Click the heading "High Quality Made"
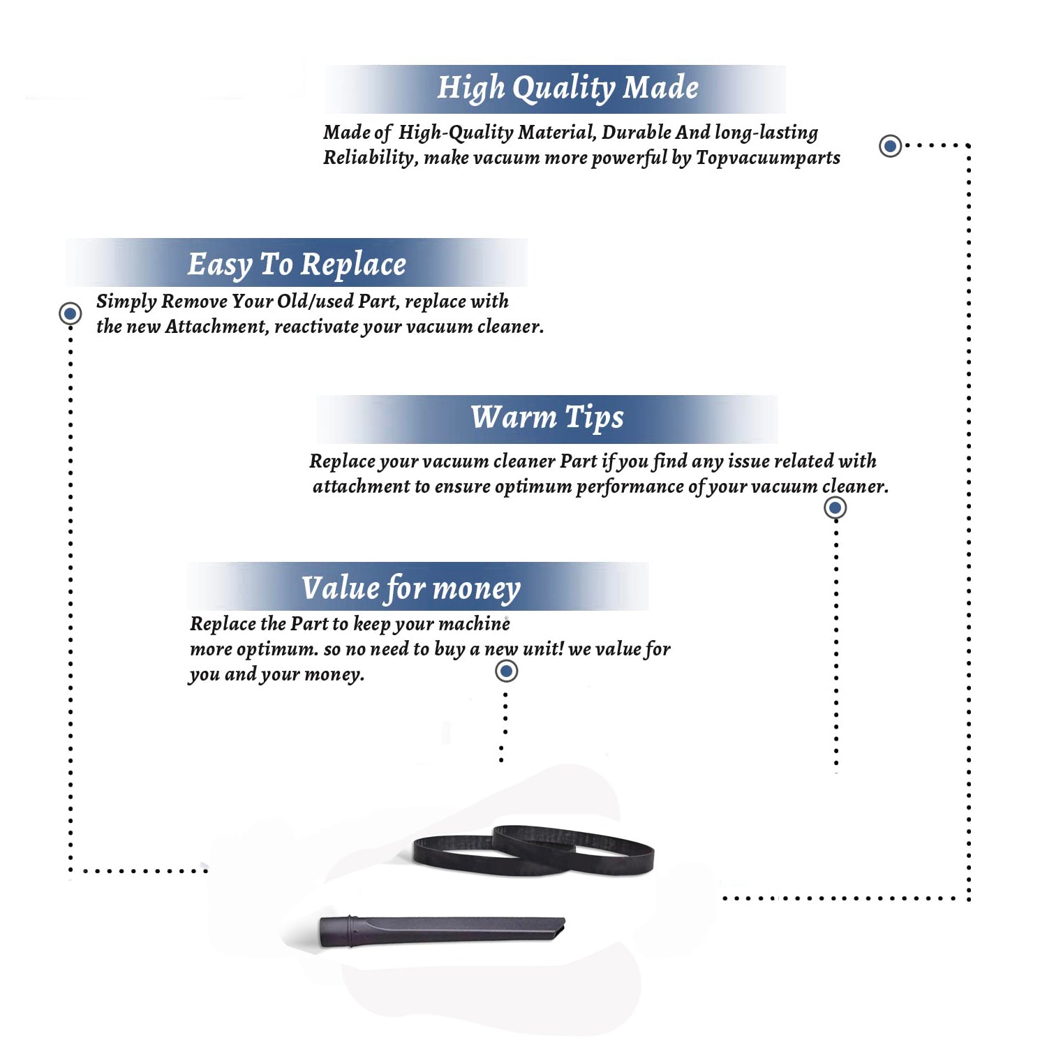click(567, 89)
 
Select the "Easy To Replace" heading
click(297, 265)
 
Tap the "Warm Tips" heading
click(547, 417)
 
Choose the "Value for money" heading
click(411, 588)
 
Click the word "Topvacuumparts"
click(768, 158)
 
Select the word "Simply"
click(126, 302)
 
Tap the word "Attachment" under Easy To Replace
click(217, 327)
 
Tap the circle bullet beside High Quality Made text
click(890, 146)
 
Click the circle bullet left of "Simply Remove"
click(70, 313)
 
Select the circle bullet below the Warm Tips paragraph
click(835, 507)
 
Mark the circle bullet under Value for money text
click(506, 671)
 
